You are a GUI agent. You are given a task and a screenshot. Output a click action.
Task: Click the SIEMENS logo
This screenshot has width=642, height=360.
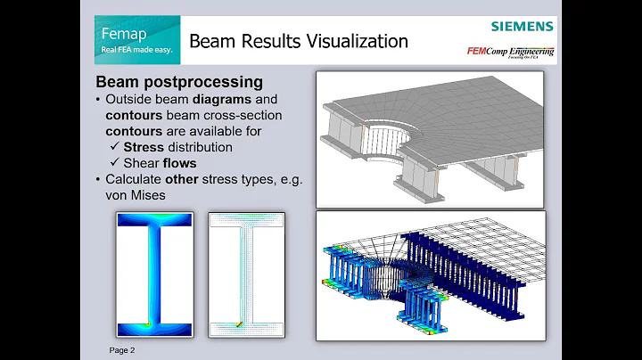click(x=522, y=27)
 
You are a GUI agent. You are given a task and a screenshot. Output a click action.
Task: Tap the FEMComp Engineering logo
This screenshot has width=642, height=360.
click(x=510, y=52)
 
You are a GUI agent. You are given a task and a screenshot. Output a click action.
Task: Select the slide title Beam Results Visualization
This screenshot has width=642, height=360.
click(x=299, y=41)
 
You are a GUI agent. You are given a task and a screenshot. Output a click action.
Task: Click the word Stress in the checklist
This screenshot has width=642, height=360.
click(x=144, y=146)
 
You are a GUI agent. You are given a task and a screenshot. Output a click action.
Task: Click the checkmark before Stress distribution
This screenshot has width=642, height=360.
click(x=113, y=146)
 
